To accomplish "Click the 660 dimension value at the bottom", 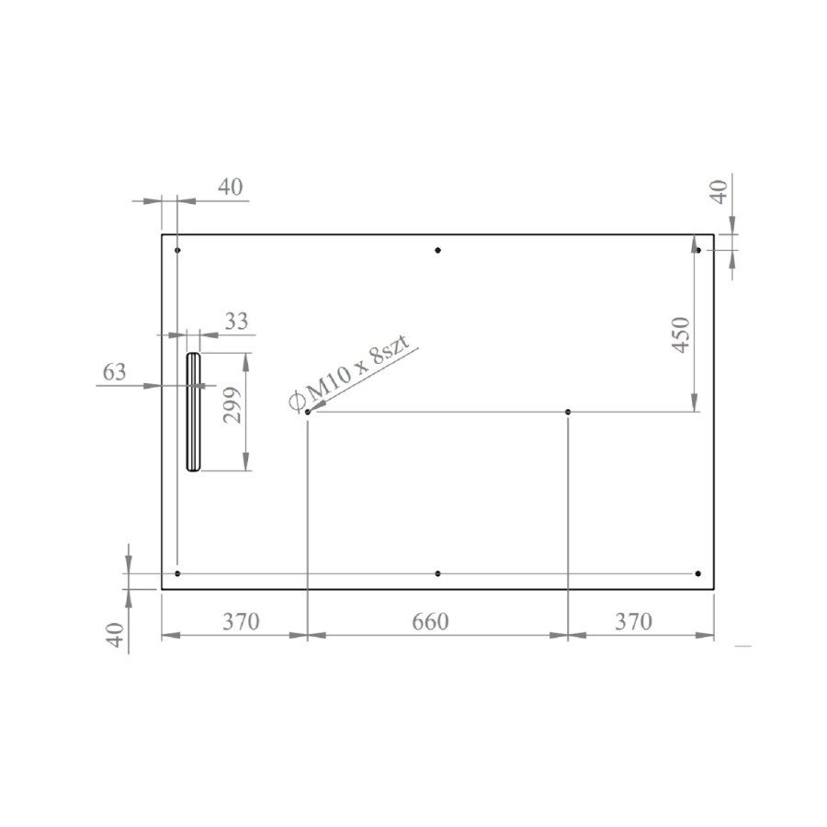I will [430, 622].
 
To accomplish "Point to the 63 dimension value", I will [114, 373].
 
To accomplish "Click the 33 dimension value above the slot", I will [236, 321].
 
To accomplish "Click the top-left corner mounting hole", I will [177, 250].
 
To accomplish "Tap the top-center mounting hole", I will [438, 250].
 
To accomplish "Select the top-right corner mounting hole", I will [698, 250].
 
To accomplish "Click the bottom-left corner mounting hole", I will [177, 573].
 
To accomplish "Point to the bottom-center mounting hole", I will [438, 573].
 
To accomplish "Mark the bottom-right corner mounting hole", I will [698, 573].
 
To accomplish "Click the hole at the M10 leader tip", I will [308, 412].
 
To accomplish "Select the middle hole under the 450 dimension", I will [569, 412].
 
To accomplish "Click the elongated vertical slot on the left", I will [193, 412].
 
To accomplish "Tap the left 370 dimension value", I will [240, 622].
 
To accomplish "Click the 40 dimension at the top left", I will [231, 187].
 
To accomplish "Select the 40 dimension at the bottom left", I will [114, 635].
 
